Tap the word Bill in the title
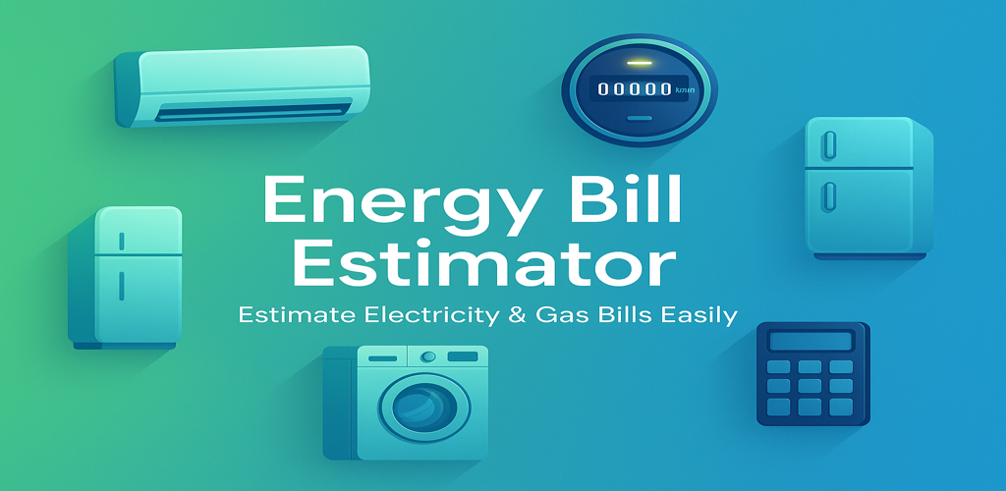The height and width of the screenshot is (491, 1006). coord(621,199)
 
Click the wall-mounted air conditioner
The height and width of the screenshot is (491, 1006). coord(242,85)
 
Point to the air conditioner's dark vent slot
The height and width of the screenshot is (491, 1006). coord(253,110)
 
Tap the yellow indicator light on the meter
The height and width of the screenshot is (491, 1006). coord(639,63)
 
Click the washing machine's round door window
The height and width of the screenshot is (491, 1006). coord(424,408)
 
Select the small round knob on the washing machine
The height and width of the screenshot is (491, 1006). coord(428,356)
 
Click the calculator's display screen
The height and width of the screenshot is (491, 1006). coord(811,340)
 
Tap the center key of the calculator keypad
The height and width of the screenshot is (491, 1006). coord(810,386)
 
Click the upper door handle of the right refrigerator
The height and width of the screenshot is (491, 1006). coord(829,144)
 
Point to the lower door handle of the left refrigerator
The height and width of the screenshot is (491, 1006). coord(122,285)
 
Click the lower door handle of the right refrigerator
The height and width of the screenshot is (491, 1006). coord(829,196)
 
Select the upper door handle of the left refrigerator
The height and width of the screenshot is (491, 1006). coord(122,241)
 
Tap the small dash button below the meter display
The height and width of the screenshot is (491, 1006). coord(640,118)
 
